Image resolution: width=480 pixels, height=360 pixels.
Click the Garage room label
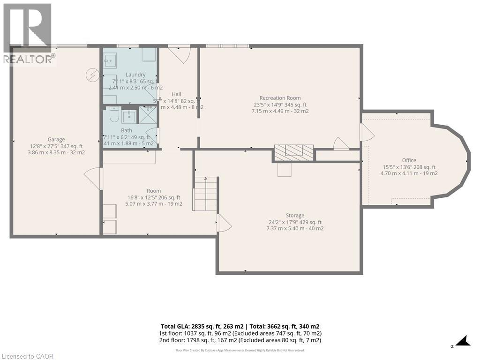click(x=56, y=139)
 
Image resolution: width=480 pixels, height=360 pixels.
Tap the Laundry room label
click(x=135, y=75)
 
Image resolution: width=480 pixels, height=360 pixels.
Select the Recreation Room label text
click(x=280, y=98)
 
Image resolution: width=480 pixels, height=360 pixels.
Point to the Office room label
click(x=409, y=160)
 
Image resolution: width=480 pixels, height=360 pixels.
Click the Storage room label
click(x=295, y=216)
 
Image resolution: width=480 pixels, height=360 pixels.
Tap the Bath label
click(x=127, y=130)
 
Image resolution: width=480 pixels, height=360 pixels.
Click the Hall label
click(x=176, y=94)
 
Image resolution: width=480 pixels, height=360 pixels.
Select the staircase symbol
click(x=206, y=194)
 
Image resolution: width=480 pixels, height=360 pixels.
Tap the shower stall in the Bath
click(x=148, y=115)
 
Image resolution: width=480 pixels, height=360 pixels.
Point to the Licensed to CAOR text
click(x=27, y=356)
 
